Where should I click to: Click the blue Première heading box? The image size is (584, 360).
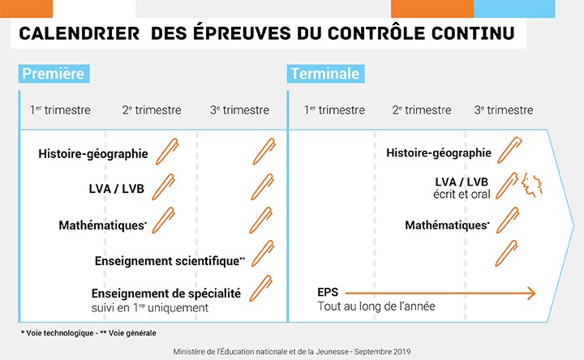pos(54,74)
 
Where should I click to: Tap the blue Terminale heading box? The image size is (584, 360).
pos(325,74)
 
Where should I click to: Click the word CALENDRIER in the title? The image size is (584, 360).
pos(79,33)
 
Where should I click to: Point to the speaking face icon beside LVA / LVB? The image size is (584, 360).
pos(532,185)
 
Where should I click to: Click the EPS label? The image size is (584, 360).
pos(328,292)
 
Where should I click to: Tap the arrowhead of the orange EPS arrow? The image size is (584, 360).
pos(531,294)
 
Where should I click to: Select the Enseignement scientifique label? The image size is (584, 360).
pos(170,261)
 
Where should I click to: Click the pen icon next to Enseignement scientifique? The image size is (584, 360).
pos(263,254)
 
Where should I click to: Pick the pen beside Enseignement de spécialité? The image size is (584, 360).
pos(260,289)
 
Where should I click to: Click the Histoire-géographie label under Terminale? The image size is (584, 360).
pos(439,153)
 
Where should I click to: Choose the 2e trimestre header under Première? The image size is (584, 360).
pos(152,109)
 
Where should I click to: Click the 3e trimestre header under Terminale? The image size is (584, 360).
pos(504,109)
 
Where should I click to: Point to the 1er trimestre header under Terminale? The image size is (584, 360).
pos(334,109)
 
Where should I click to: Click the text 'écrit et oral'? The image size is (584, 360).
pos(462,195)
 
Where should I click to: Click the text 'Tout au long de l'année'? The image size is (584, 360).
pos(376,306)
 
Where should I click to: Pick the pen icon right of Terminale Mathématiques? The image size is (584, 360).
pos(508,221)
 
